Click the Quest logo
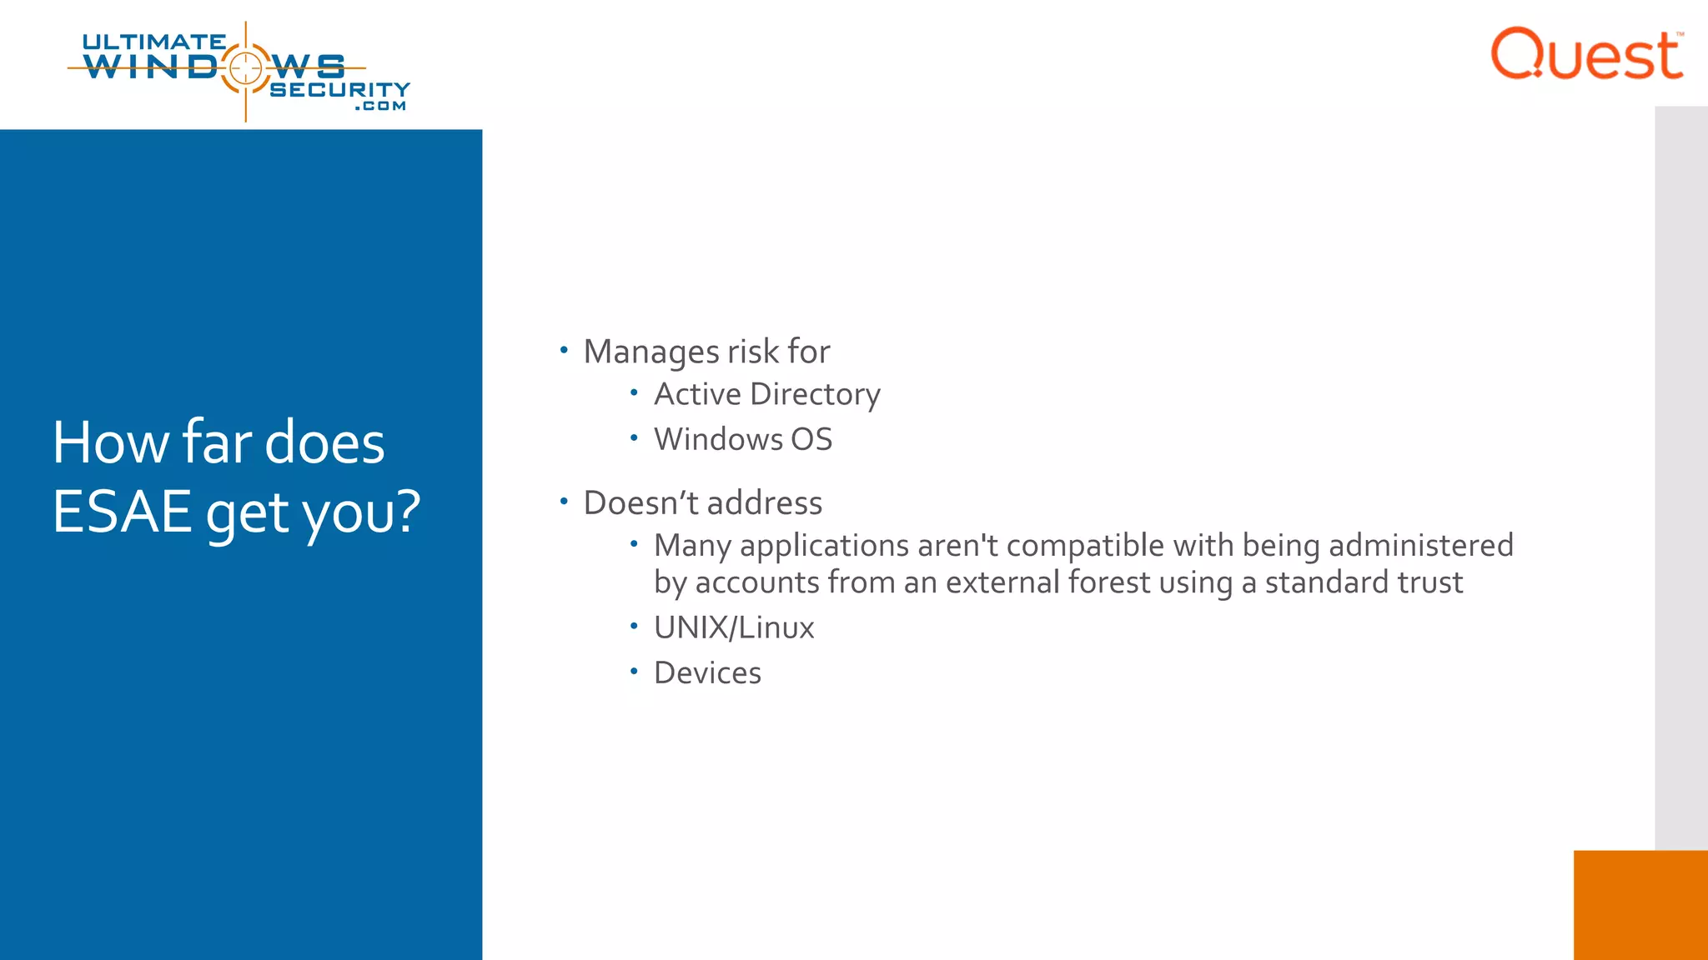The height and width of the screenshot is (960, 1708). [1586, 54]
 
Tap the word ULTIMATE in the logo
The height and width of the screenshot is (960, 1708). [154, 42]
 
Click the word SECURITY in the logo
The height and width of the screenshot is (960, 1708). [339, 89]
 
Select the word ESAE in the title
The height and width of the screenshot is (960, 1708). [123, 511]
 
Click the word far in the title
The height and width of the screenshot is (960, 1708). [217, 442]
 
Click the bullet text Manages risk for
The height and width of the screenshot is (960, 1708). [706, 352]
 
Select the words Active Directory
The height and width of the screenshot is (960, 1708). [766, 394]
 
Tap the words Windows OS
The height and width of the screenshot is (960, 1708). [742, 439]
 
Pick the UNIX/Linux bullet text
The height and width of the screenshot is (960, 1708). [734, 627]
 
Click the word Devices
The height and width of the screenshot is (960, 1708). [707, 672]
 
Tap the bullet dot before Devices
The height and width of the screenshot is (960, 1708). [634, 670]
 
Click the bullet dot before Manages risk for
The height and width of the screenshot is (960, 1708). [564, 350]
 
